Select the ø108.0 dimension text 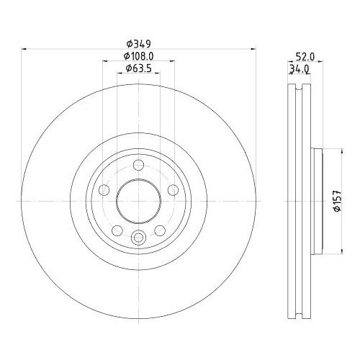coord(138,56)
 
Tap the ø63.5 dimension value coord(138,68)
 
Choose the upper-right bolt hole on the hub coord(172,189)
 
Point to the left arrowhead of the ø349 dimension coord(24,49)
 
